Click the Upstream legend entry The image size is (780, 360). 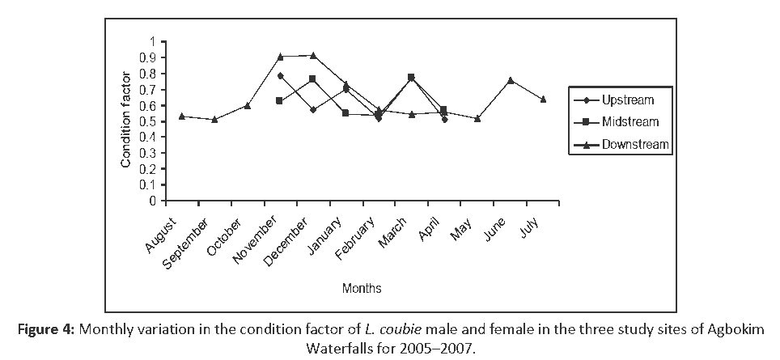(x=627, y=100)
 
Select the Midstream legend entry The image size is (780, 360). (x=630, y=122)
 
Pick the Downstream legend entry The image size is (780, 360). (x=635, y=144)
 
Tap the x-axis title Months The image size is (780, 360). (x=362, y=288)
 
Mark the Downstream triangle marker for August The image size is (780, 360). (x=181, y=116)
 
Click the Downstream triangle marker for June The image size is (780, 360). (x=510, y=81)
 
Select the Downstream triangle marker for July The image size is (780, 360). (x=543, y=100)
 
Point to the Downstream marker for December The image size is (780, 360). (x=312, y=56)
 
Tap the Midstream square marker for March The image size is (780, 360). (x=411, y=78)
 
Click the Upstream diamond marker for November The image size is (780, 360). (x=280, y=76)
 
